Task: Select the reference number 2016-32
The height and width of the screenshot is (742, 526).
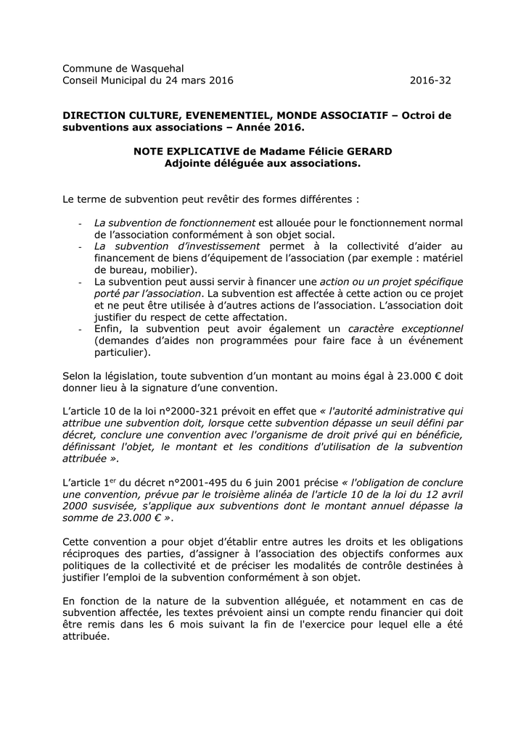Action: pyautogui.click(x=430, y=80)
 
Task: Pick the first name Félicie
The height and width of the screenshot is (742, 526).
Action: pyautogui.click(x=287, y=151)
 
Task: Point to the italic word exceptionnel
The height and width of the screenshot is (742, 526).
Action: pyautogui.click(x=426, y=329)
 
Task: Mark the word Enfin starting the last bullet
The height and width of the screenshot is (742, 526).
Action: pyautogui.click(x=108, y=329)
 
